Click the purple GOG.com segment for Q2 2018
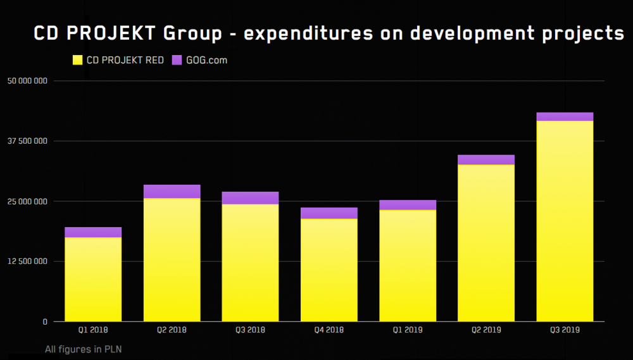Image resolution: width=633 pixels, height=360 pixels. (x=172, y=191)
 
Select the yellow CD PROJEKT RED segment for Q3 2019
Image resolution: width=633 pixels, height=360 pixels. (x=565, y=221)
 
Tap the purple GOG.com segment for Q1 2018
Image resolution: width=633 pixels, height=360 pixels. (x=93, y=232)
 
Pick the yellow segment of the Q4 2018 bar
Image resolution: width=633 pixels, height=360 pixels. (x=329, y=270)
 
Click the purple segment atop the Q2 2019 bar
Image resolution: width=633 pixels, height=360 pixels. (x=486, y=159)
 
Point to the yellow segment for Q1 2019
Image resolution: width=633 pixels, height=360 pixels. (x=408, y=266)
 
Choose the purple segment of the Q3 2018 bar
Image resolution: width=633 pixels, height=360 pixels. (x=250, y=197)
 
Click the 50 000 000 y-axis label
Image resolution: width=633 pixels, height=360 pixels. (x=27, y=81)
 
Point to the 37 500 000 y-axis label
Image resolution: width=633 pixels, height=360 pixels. (x=27, y=141)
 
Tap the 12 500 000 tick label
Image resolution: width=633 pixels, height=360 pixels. (x=27, y=261)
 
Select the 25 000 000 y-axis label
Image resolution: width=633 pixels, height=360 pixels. (x=27, y=201)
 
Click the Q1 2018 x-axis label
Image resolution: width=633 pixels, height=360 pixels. (x=93, y=330)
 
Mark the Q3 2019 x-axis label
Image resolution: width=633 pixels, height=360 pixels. (x=565, y=330)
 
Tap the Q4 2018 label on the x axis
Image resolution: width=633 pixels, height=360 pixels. (x=329, y=330)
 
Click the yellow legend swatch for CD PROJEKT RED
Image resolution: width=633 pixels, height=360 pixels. (x=77, y=60)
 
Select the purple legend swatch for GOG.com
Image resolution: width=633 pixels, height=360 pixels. (x=177, y=60)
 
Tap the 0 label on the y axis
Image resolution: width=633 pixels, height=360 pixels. (x=45, y=322)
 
